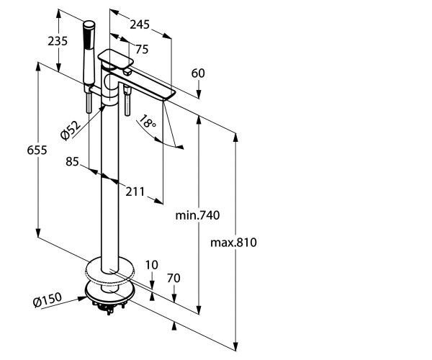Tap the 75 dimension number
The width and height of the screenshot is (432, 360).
141,49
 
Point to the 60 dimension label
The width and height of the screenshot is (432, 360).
199,73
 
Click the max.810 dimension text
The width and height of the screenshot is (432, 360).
233,242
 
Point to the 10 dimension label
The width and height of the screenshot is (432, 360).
150,264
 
